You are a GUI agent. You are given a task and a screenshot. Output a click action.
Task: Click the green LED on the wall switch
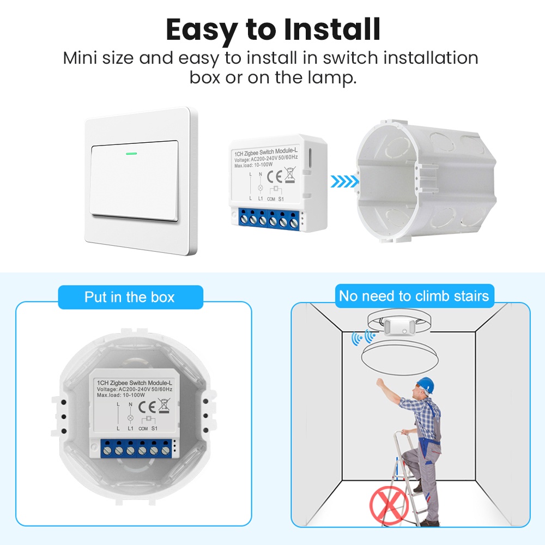pos(131,153)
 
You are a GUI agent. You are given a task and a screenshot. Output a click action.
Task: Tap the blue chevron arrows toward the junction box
pos(344,181)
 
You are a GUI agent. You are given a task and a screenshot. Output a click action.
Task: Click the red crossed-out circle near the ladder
pos(389,505)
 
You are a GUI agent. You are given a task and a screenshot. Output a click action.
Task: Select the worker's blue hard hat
pos(426,384)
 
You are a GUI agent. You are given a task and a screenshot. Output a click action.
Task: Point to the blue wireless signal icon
pos(363,337)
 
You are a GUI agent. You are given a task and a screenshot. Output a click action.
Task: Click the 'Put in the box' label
pos(130,297)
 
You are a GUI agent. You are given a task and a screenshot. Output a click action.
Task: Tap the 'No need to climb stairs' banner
pos(414,296)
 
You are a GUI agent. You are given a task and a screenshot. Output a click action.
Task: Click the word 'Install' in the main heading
pos(332,29)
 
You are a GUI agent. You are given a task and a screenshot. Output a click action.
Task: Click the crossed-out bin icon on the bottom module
pos(164,405)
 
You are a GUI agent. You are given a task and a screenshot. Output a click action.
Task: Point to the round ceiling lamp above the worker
pos(399,358)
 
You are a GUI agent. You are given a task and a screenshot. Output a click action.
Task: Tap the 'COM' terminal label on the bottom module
pos(143,428)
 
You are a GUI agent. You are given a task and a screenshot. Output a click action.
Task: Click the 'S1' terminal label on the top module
pos(281,199)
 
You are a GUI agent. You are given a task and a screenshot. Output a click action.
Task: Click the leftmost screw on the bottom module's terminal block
pos(107,451)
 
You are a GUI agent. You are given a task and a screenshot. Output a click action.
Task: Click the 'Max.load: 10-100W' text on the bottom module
pos(121,395)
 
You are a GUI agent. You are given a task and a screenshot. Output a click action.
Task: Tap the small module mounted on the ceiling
pos(399,326)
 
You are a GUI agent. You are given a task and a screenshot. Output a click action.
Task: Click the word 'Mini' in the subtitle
pos(80,58)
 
